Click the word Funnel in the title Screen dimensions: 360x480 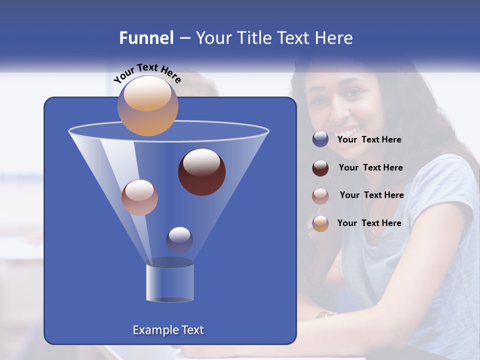[x=146, y=38]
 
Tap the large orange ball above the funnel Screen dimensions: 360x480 [x=147, y=106]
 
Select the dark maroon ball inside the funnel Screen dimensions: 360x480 [x=201, y=172]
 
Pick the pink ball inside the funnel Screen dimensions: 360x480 [x=139, y=197]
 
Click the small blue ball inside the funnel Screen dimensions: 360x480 [x=179, y=240]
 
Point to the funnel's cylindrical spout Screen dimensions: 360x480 [x=169, y=282]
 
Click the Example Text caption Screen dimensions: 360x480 [x=168, y=330]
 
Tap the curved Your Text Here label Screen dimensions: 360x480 [x=147, y=73]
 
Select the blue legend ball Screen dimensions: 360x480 [x=320, y=139]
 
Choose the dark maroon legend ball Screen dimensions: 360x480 [x=320, y=168]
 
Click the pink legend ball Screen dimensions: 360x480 [x=320, y=195]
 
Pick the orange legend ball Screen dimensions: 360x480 [x=320, y=223]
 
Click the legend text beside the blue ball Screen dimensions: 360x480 [x=369, y=140]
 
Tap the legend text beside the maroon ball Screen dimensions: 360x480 [x=370, y=168]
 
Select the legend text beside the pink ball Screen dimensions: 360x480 [x=371, y=195]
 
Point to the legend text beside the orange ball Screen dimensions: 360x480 [x=369, y=223]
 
